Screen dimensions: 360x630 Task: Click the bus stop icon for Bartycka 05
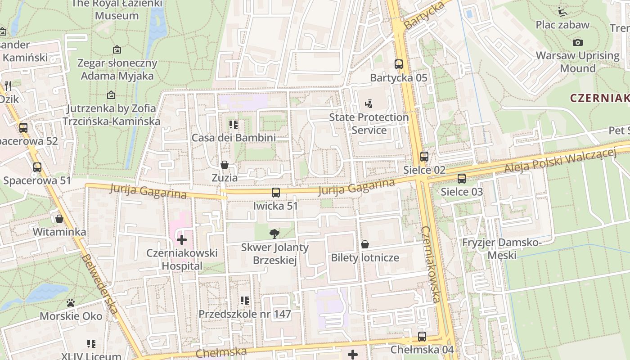[x=398, y=64]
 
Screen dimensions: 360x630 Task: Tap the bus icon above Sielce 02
[x=424, y=157]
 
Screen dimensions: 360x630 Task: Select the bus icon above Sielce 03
[x=462, y=179]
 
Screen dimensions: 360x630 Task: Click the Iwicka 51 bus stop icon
[x=276, y=193]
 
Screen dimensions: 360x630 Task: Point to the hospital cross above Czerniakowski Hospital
[x=182, y=240]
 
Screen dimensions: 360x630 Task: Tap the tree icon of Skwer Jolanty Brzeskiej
[x=274, y=234]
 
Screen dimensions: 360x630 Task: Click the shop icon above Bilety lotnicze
[x=365, y=244]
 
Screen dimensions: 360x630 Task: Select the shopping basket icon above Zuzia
[x=224, y=165]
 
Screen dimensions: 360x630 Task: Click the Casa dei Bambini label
[x=234, y=137]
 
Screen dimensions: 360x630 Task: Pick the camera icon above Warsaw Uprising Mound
[x=578, y=42]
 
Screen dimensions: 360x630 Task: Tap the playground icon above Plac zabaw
[x=562, y=11]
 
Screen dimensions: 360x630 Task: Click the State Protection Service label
[x=369, y=124]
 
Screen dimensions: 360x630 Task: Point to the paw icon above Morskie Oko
[x=71, y=303]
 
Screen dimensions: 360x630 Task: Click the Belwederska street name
[x=100, y=284]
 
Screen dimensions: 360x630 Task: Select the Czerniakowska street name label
[x=431, y=264]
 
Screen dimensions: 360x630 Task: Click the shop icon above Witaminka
[x=59, y=219]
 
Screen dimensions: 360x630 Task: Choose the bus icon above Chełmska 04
[x=422, y=336]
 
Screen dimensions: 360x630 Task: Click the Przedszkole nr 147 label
[x=245, y=314]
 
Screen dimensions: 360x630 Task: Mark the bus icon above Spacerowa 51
[x=37, y=167]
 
